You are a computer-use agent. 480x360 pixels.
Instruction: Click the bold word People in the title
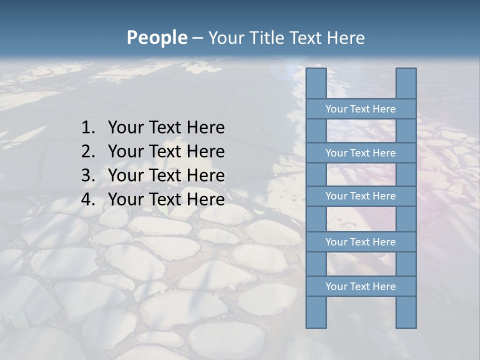click(x=156, y=37)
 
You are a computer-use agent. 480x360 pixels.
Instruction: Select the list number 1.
click(x=87, y=128)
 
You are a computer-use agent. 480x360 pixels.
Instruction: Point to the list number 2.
click(x=87, y=151)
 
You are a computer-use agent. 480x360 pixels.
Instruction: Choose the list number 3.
click(x=87, y=175)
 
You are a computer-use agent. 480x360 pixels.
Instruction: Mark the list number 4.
click(x=87, y=199)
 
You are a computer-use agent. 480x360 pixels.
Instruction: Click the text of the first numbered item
click(x=166, y=128)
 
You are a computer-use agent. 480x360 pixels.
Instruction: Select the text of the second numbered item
click(x=166, y=151)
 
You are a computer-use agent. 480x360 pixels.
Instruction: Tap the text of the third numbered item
click(x=166, y=175)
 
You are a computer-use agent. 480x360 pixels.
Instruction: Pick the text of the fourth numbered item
click(x=166, y=199)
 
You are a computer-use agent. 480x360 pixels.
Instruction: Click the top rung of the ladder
click(x=360, y=109)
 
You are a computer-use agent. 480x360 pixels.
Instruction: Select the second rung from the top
click(x=360, y=153)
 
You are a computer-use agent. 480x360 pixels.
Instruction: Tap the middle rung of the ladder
click(x=360, y=196)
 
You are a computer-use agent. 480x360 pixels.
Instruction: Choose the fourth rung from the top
click(x=360, y=242)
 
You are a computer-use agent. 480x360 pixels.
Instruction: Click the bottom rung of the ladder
click(x=360, y=286)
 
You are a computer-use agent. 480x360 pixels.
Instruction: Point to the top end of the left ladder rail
click(x=316, y=71)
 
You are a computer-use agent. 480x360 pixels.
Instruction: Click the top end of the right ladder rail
click(x=406, y=71)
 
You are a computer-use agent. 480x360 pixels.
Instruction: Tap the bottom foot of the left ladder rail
click(x=316, y=324)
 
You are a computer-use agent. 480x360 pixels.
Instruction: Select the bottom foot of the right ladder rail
click(x=406, y=324)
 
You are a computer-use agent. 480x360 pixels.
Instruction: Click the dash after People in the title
click(x=197, y=38)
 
